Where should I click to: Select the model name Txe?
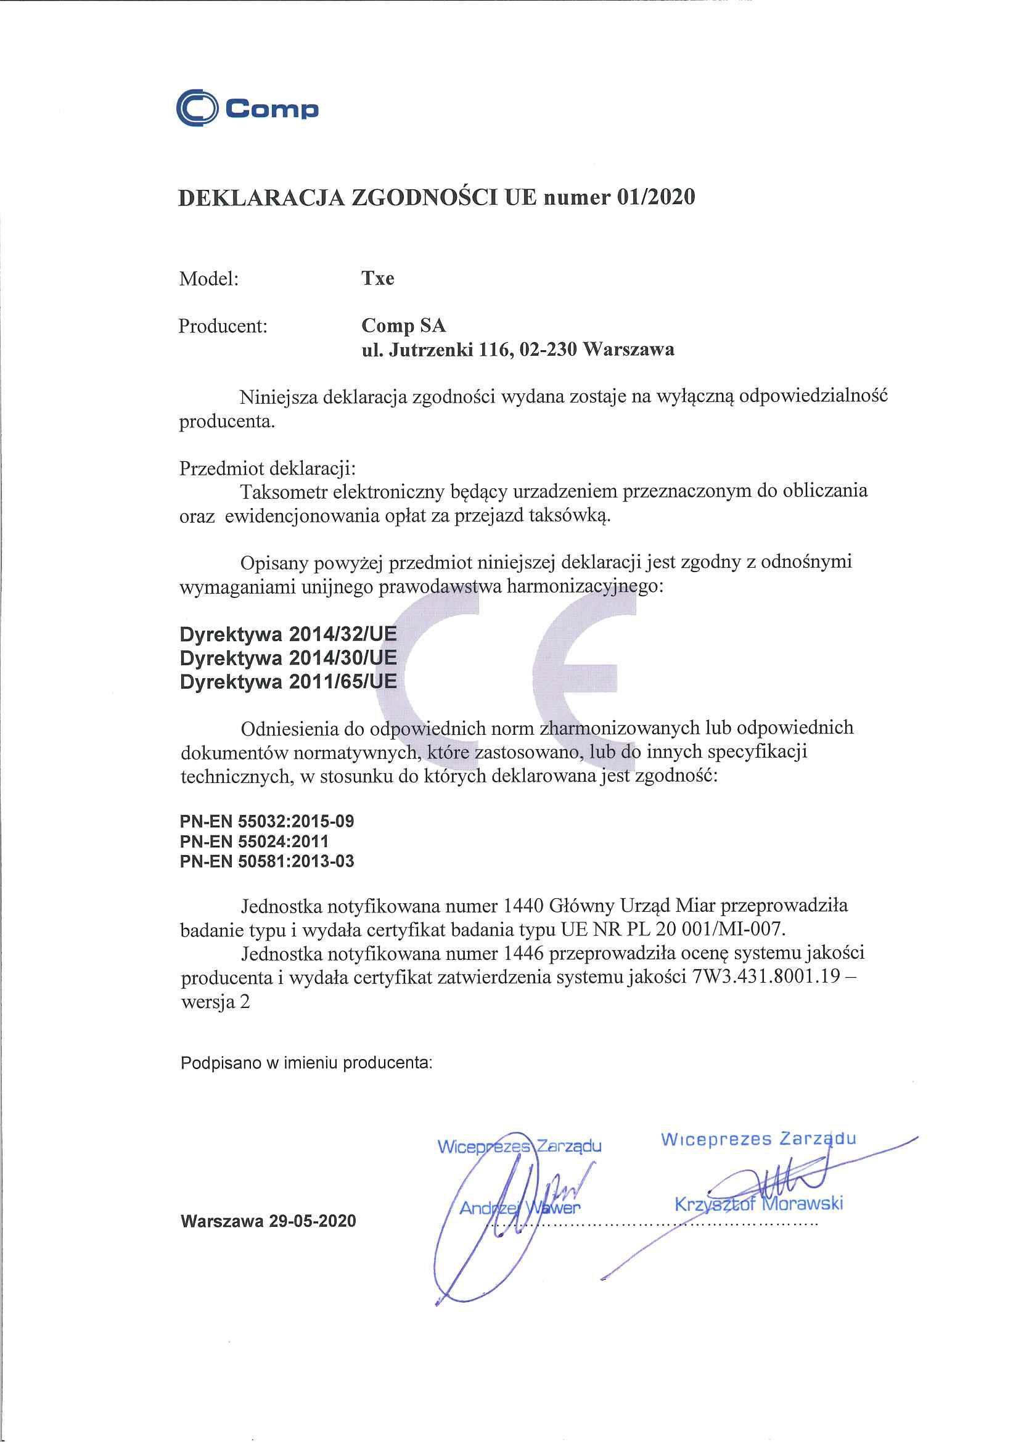(378, 279)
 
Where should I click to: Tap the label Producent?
(223, 326)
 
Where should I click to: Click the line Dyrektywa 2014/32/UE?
(288, 634)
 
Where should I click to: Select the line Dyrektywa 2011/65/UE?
(288, 681)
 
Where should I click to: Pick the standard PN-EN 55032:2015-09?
(267, 821)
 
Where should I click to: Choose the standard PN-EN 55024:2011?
(254, 841)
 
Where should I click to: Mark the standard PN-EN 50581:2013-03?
(267, 861)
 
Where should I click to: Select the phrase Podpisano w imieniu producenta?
(306, 1062)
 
